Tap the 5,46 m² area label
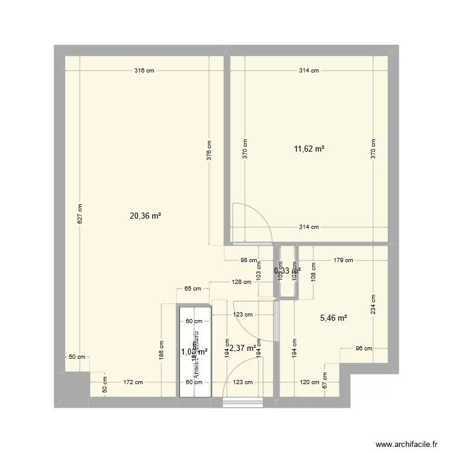332,318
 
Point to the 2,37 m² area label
243,347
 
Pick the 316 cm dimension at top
144,71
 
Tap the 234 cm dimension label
373,306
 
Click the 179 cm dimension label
343,261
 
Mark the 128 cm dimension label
243,282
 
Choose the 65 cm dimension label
193,289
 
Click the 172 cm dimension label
133,382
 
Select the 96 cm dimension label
363,349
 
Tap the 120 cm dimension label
309,382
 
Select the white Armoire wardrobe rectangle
194,351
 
